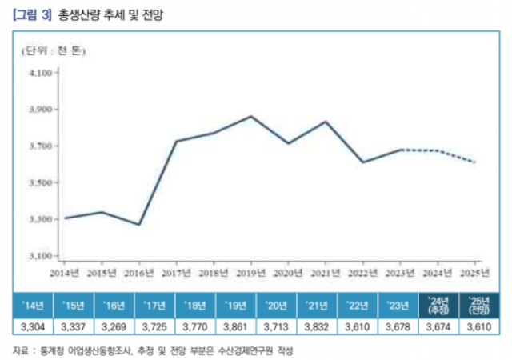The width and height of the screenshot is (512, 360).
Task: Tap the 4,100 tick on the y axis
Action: (x=39, y=73)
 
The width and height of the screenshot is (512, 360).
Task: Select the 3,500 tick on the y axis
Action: (x=39, y=183)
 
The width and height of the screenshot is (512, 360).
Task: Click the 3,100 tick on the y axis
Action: (x=39, y=256)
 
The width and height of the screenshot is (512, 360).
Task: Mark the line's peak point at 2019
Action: (x=251, y=117)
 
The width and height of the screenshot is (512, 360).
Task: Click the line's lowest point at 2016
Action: (x=139, y=225)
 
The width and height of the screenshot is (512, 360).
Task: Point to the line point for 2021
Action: (x=326, y=122)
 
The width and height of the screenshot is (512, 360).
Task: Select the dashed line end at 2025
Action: (x=475, y=162)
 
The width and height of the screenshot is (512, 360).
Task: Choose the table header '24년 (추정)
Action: (x=438, y=306)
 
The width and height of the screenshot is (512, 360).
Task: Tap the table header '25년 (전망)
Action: (x=478, y=306)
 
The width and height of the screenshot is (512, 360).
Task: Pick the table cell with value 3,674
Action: (x=438, y=326)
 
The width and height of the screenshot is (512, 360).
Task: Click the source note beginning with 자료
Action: (x=152, y=349)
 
